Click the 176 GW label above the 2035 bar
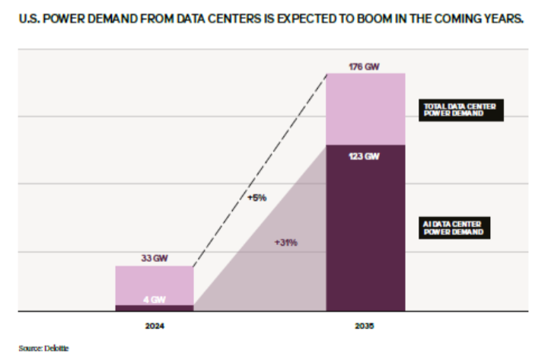[x=364, y=66]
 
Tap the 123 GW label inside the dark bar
[x=364, y=156]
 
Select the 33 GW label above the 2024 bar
[x=155, y=258]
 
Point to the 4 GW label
[x=155, y=300]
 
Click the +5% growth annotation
[x=257, y=198]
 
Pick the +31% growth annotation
[x=286, y=243]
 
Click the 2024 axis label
[x=155, y=326]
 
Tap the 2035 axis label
[x=364, y=326]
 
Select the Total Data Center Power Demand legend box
[x=461, y=110]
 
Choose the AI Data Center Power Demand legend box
[x=454, y=228]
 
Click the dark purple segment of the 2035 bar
[x=365, y=228]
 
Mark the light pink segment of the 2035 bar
[x=365, y=109]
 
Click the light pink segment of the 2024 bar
[x=155, y=285]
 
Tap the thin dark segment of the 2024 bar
[x=155, y=308]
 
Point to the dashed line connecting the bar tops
[x=260, y=170]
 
